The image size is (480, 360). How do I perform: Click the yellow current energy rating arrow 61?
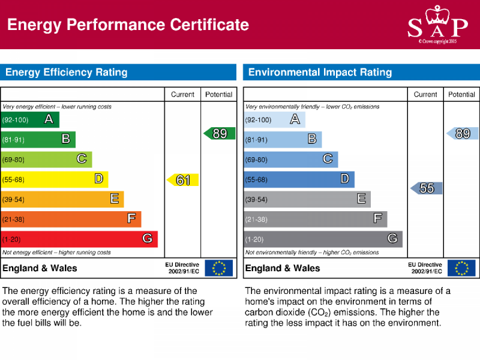pyautogui.click(x=183, y=179)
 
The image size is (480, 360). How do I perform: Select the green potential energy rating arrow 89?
pyautogui.click(x=220, y=134)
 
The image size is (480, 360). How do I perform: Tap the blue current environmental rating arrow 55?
pyautogui.click(x=427, y=188)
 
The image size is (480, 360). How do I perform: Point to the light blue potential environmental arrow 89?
pyautogui.click(x=462, y=134)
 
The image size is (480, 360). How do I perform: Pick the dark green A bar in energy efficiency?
pyautogui.click(x=30, y=119)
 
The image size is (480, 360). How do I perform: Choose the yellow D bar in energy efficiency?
pyautogui.click(x=54, y=179)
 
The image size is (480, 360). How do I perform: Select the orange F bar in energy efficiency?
pyautogui.click(x=71, y=219)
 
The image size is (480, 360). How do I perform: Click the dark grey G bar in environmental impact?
pyautogui.click(x=323, y=239)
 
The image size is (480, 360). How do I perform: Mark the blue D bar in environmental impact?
pyautogui.click(x=299, y=179)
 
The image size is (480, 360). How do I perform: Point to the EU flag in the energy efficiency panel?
pyautogui.click(x=218, y=268)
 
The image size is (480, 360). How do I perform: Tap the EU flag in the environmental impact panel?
pyautogui.click(x=461, y=268)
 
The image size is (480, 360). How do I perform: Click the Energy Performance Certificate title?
pyautogui.click(x=128, y=25)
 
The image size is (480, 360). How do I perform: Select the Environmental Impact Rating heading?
pyautogui.click(x=320, y=73)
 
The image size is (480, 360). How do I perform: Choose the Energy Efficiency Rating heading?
pyautogui.click(x=67, y=73)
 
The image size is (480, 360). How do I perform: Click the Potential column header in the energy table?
pyautogui.click(x=218, y=94)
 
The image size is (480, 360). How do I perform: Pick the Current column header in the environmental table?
pyautogui.click(x=425, y=94)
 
